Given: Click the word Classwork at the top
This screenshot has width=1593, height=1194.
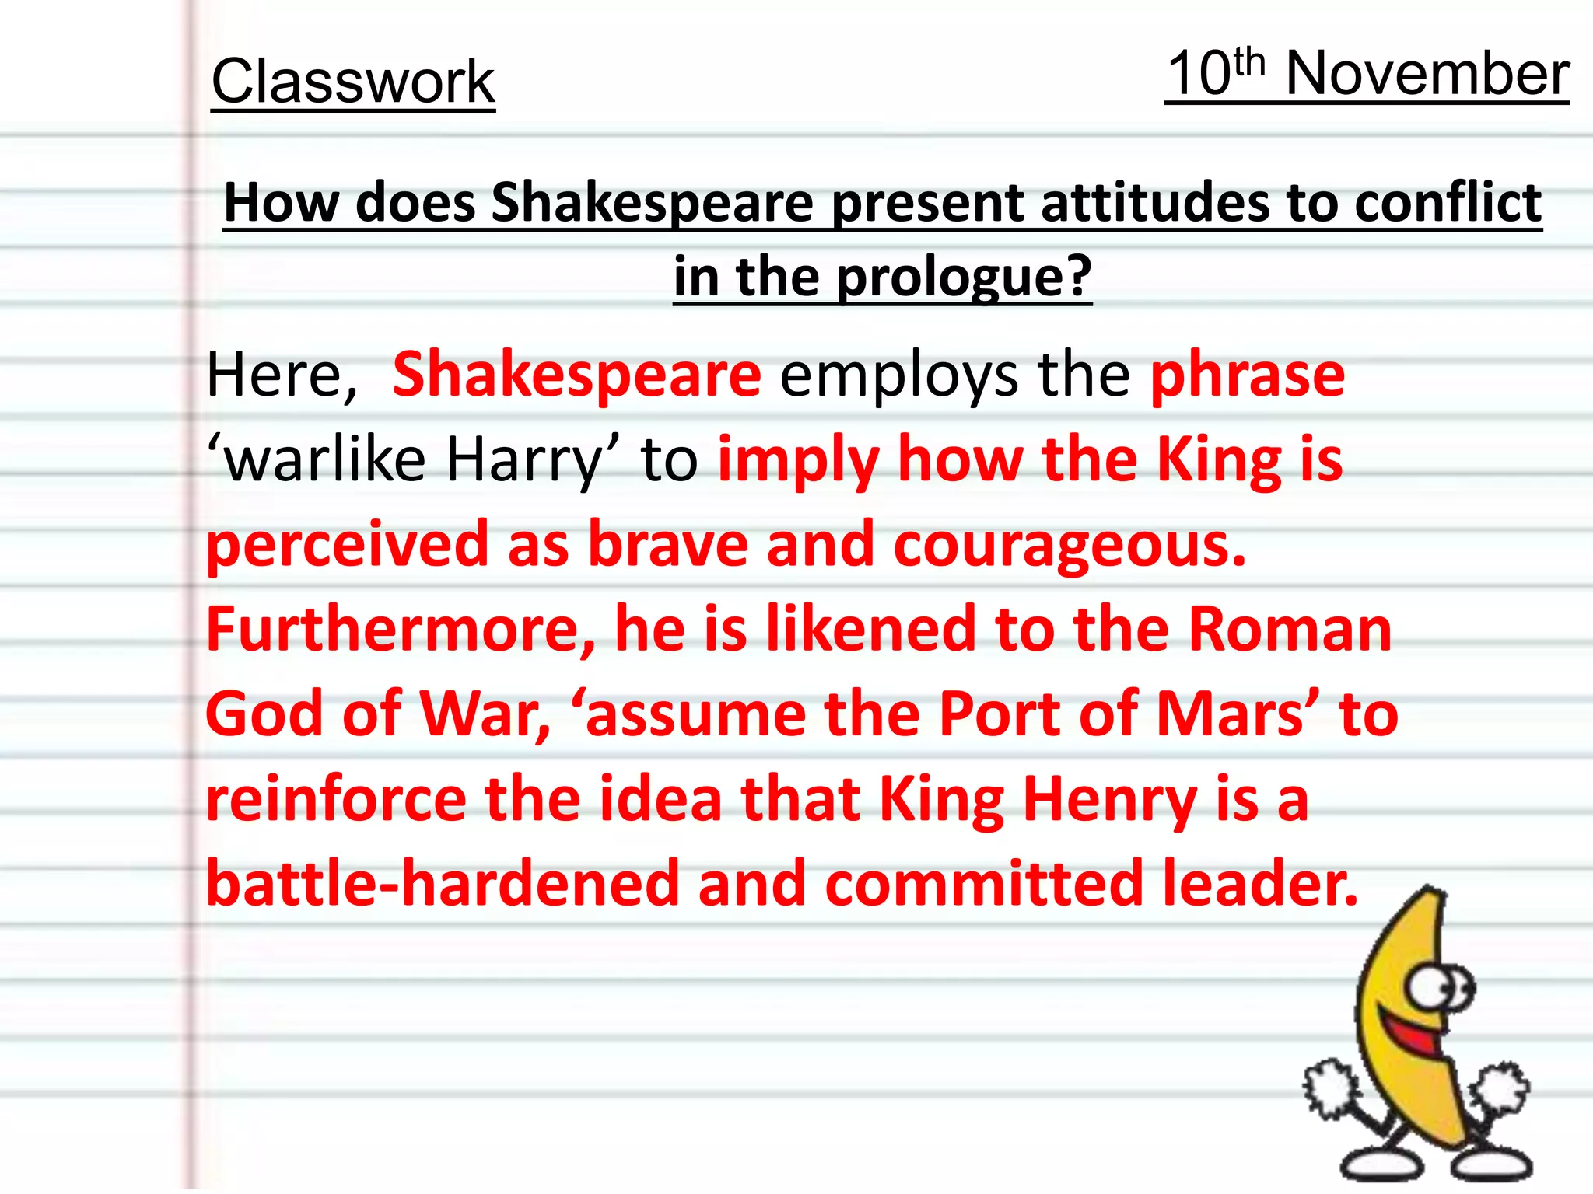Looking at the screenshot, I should coord(353,82).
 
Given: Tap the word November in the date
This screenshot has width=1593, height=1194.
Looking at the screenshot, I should coord(1427,74).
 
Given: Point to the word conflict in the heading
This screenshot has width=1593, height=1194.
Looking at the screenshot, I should coord(1448,203).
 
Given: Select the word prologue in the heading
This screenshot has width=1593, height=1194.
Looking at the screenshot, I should coord(964,278).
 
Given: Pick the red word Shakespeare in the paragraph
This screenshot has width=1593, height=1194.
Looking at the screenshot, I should coord(576,375).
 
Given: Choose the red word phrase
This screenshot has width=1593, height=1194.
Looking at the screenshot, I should coord(1247,375).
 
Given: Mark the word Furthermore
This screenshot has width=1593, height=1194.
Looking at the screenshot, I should coord(401,629).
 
